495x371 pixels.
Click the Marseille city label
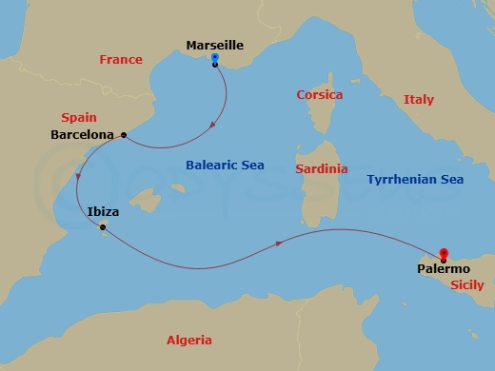coord(215,45)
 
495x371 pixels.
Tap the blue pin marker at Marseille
coord(215,58)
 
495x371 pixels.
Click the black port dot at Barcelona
coord(124,135)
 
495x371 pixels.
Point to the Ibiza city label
coord(103,212)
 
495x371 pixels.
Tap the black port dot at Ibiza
coord(102,226)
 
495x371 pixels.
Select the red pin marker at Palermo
coord(443,253)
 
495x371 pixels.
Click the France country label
coord(121,60)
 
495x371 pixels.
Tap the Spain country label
coord(79,118)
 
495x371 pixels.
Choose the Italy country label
coord(418,99)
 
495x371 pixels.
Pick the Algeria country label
coord(189,340)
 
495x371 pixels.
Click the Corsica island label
coord(319,95)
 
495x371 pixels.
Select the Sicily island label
coord(466,283)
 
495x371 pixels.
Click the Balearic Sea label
coord(225,165)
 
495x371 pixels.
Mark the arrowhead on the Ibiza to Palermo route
coord(279,244)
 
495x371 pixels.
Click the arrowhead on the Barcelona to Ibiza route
coord(79,180)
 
